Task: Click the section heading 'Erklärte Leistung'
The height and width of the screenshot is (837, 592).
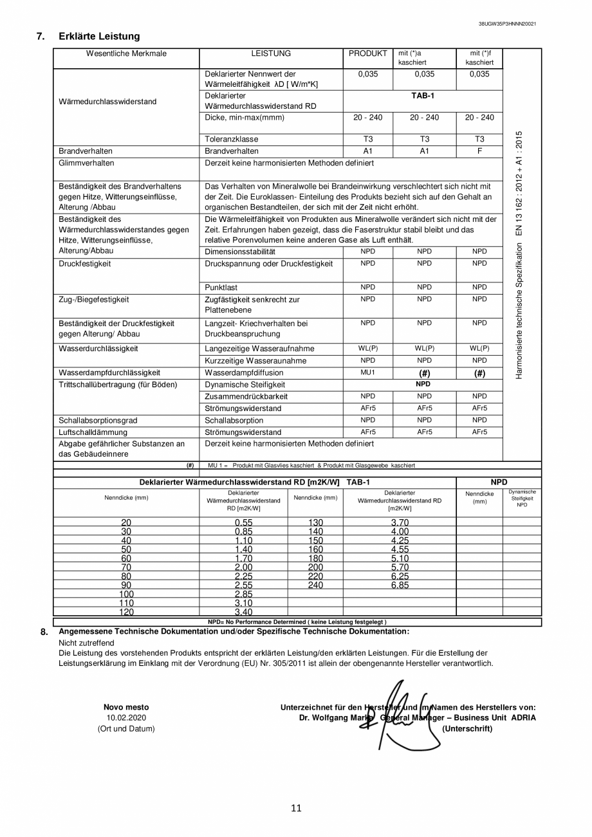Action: pos(98,37)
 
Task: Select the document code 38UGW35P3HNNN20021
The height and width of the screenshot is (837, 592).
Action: pos(507,24)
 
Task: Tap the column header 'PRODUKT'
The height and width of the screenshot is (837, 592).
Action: pos(367,54)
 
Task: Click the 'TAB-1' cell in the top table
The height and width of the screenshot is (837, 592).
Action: pos(423,96)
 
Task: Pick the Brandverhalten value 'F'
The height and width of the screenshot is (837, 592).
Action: pos(479,151)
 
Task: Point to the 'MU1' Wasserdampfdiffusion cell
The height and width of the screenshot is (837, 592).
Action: pos(367,373)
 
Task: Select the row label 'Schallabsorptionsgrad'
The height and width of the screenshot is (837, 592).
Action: pos(98,421)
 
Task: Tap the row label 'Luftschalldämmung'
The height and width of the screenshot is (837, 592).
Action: pos(93,432)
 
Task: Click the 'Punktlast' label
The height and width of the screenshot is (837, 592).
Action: pos(221,288)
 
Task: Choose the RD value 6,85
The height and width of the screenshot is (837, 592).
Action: pos(400,585)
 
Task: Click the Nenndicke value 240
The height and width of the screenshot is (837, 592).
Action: pos(315,585)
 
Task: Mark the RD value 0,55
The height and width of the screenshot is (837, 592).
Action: pos(243,522)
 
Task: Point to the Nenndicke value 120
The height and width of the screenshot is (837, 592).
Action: pos(126,612)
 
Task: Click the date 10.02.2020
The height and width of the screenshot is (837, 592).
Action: pos(126,718)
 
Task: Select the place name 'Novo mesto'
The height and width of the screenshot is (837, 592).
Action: pos(126,708)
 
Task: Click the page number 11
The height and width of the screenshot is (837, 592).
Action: pos(296,809)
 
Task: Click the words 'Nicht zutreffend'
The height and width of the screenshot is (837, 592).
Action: pos(86,643)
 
